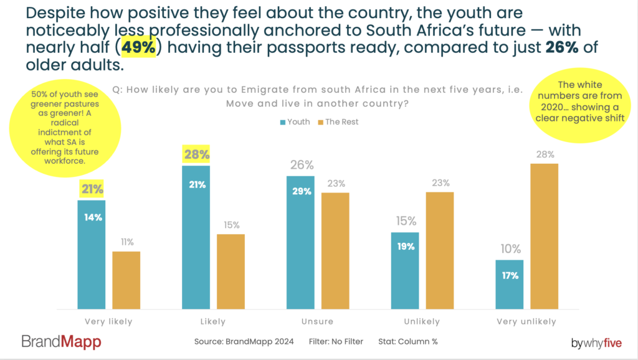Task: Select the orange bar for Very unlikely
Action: [x=544, y=236]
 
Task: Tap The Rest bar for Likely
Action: [x=231, y=272]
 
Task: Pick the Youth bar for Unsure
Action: [x=300, y=242]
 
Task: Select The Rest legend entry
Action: [x=338, y=122]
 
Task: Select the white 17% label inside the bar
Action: [x=510, y=275]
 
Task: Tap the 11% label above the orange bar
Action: [x=126, y=242]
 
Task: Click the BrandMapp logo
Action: [x=61, y=341]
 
